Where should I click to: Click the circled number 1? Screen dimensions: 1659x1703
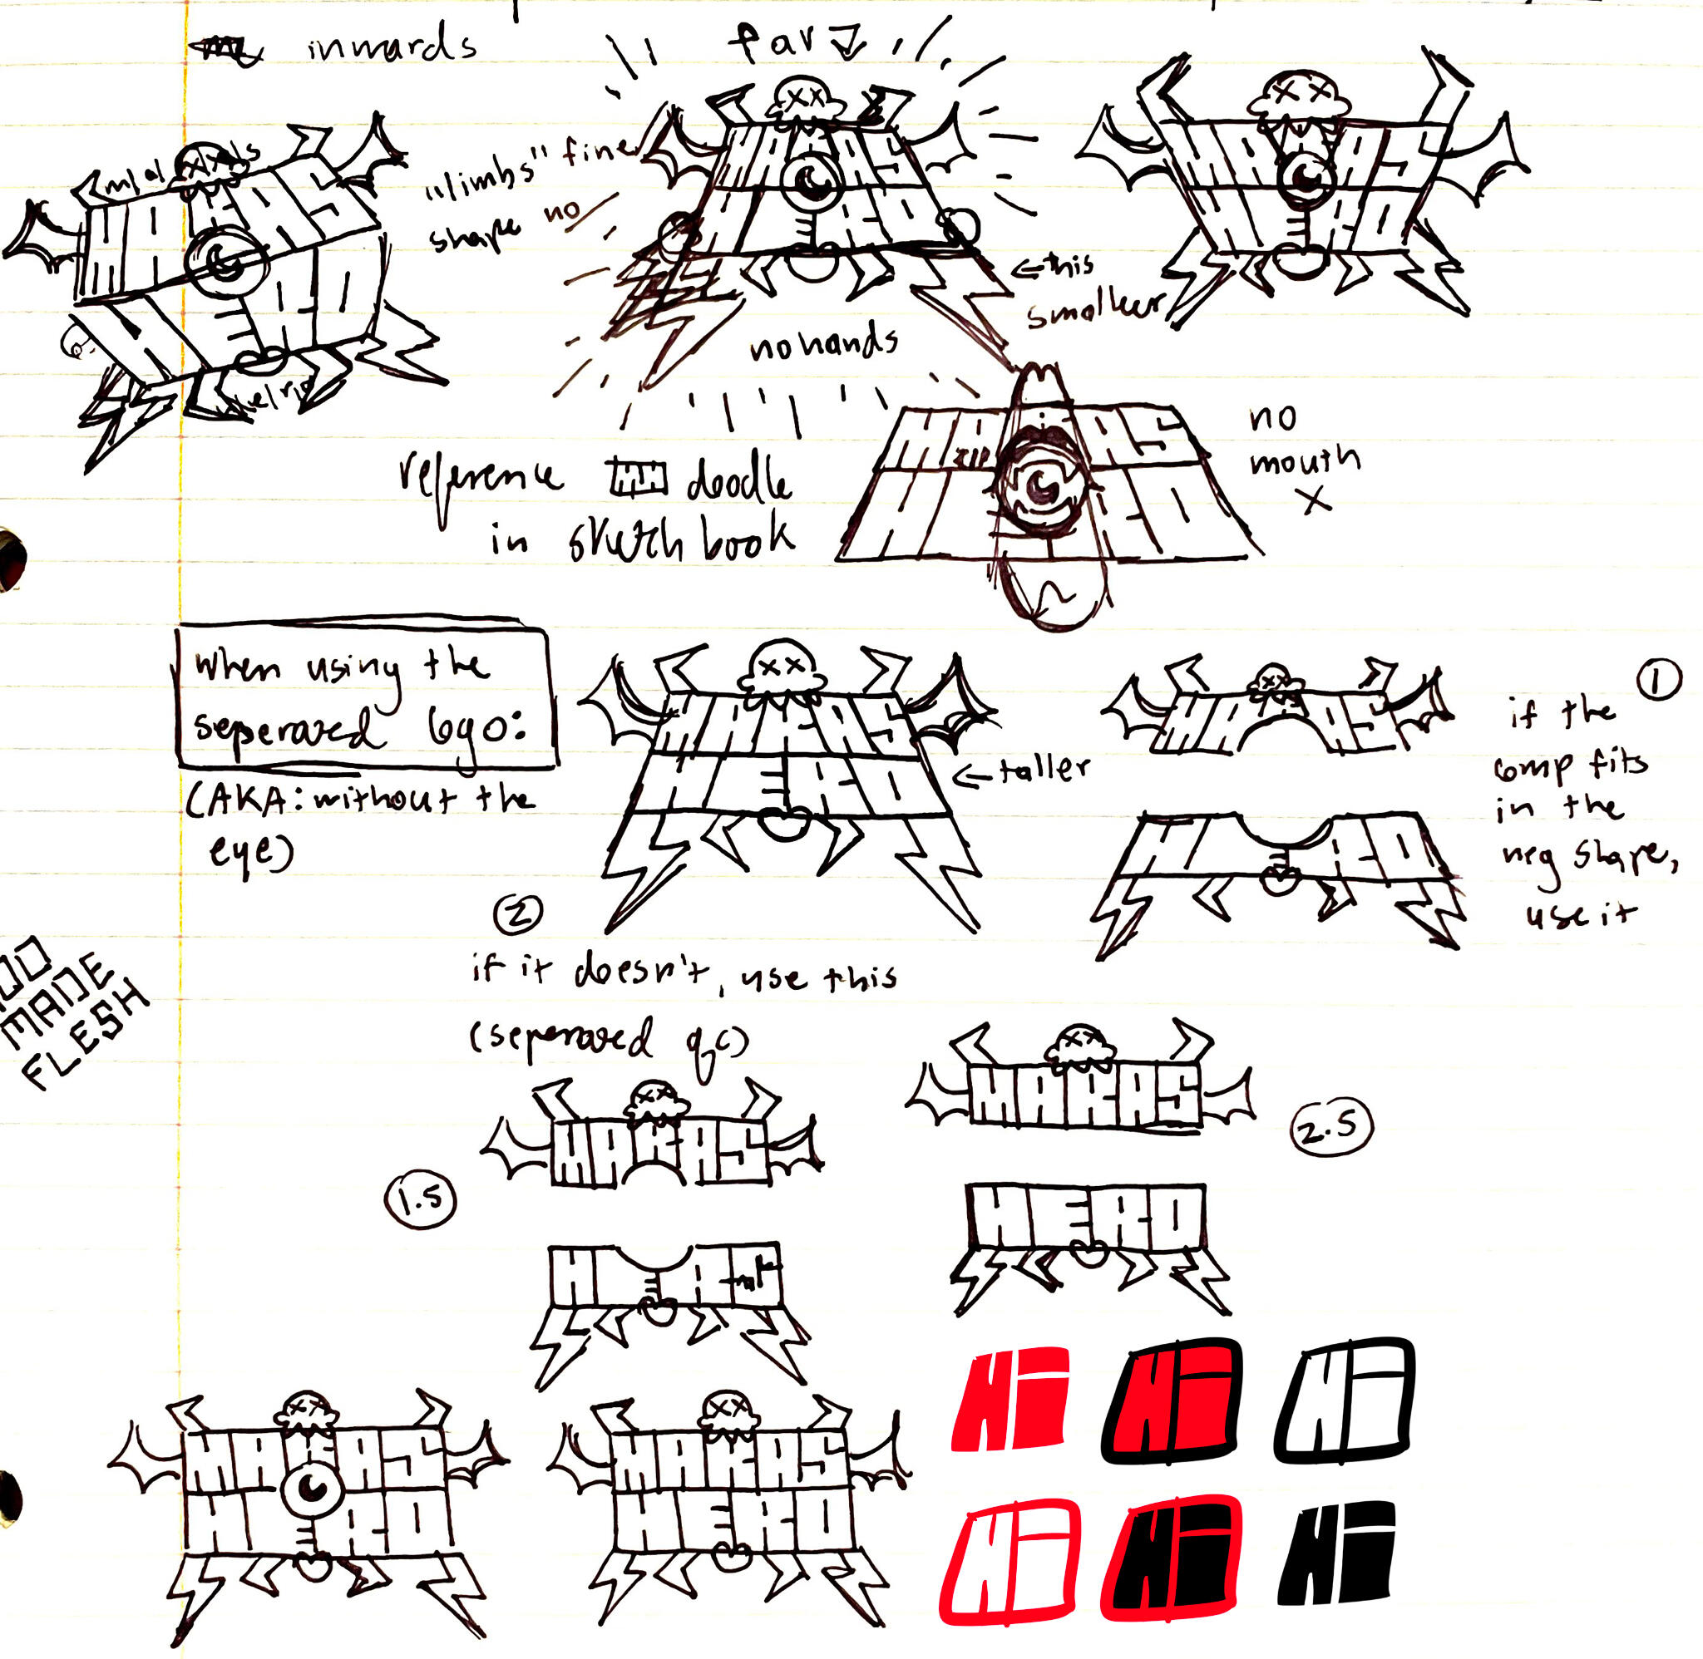point(1656,682)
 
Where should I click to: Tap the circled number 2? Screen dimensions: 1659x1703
point(518,913)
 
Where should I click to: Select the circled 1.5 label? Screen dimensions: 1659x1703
point(421,1201)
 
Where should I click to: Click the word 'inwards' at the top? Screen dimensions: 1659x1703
point(392,46)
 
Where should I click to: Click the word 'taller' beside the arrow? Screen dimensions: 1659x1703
point(1044,769)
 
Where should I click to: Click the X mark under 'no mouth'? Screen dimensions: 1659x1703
point(1317,500)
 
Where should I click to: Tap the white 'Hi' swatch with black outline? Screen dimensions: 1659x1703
point(1344,1401)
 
